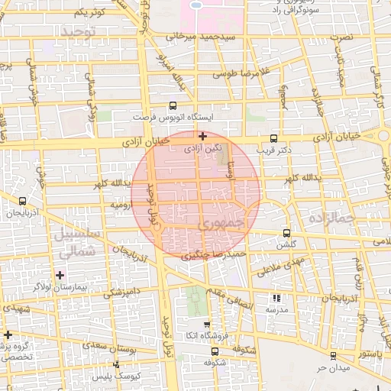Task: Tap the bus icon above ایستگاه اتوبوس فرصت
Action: tap(173, 107)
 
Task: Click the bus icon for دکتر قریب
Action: tap(274, 139)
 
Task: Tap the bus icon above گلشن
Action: tap(287, 233)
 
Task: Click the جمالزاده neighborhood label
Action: tap(331, 219)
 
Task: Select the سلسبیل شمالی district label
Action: tap(75, 242)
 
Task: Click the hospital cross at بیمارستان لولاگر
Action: tap(60, 274)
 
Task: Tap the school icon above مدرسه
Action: tap(276, 299)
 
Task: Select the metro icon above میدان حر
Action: tap(332, 356)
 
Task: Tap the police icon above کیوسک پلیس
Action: tap(115, 364)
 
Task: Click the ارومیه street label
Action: tap(123, 205)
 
